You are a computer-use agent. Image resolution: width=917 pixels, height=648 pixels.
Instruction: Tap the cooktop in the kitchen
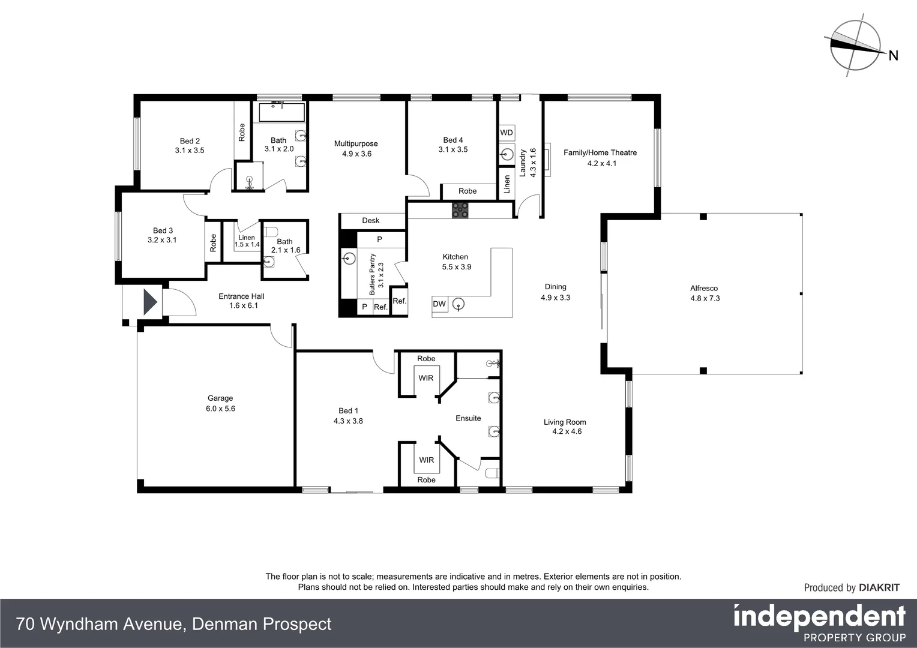460,210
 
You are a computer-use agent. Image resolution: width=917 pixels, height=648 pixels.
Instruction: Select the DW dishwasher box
439,304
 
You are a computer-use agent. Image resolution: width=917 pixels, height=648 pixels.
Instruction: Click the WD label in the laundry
507,133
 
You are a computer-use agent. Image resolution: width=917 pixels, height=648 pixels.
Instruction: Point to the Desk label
371,221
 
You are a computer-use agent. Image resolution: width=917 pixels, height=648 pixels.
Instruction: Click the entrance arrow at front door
149,302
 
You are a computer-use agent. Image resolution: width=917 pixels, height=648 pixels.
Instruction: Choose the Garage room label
220,398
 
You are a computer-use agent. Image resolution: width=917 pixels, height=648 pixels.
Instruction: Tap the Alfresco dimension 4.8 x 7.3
705,298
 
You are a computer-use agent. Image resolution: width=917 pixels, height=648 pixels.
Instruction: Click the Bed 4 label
453,140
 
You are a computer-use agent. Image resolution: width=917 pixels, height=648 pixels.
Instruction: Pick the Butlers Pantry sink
349,259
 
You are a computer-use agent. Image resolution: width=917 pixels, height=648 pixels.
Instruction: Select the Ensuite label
468,418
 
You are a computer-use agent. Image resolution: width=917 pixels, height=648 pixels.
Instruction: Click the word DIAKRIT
879,588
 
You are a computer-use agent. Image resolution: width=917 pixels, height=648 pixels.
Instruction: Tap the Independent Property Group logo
819,623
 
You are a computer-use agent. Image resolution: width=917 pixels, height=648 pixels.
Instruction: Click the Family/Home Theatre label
600,152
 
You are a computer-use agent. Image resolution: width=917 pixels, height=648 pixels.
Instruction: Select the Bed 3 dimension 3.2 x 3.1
162,240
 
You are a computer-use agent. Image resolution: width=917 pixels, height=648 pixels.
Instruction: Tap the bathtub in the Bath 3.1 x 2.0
282,112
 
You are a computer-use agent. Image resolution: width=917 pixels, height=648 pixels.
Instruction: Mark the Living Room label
565,422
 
